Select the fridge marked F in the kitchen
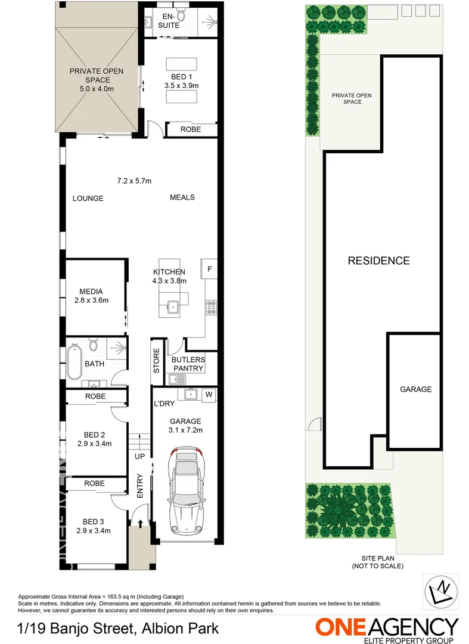point(209,269)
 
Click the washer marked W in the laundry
point(209,394)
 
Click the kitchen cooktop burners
point(211,308)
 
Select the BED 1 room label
point(181,80)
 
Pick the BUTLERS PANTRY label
point(188,364)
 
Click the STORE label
point(157,361)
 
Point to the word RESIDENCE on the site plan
point(378,261)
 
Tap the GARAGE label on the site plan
point(415,389)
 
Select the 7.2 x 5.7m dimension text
point(134,181)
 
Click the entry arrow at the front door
point(141,523)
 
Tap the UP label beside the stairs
point(140,456)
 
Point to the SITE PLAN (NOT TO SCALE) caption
point(377,562)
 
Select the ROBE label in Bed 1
point(191,129)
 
